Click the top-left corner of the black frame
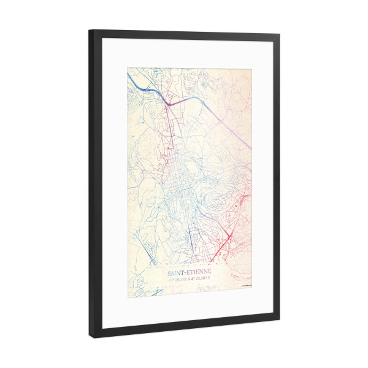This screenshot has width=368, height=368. tap(89, 31)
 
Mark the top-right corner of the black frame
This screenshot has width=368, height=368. tap(280, 36)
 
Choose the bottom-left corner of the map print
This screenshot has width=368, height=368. tap(128, 297)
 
